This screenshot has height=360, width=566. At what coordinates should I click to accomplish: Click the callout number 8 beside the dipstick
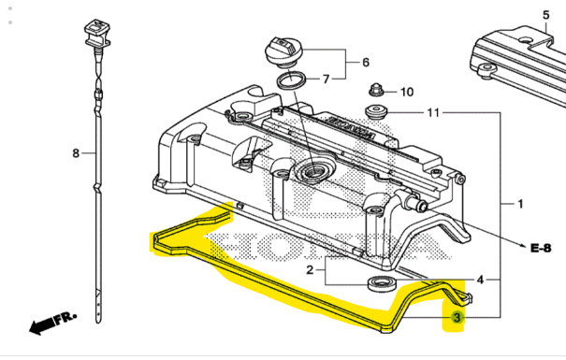point(77,151)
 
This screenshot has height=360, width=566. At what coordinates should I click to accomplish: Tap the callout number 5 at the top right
point(545,14)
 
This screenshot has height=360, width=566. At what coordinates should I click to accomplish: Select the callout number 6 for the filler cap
point(365,63)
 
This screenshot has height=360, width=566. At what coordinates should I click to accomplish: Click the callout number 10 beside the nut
point(406,92)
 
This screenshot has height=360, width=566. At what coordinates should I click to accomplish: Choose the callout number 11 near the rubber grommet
point(432,114)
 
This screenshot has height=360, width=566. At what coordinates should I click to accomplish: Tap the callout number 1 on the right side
point(521,203)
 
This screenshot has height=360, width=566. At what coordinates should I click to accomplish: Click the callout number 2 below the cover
point(309,271)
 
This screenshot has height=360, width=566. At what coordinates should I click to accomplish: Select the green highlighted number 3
point(457,319)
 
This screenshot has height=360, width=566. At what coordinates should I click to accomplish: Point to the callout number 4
point(480,279)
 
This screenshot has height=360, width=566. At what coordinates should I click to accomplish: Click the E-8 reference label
point(542,249)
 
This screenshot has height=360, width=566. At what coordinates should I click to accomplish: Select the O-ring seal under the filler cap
point(291,80)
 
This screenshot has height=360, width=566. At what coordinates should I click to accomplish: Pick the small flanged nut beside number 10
point(375,92)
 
